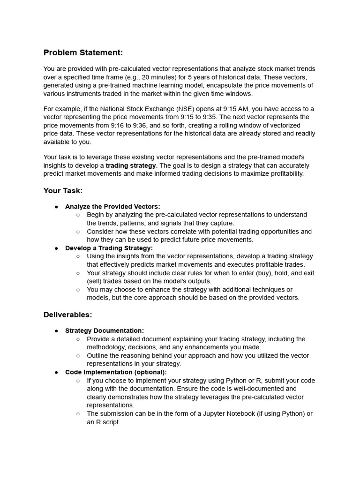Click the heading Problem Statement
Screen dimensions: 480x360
pyautogui.click(x=83, y=52)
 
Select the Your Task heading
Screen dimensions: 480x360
pyautogui.click(x=63, y=190)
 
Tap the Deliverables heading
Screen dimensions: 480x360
pyautogui.click(x=67, y=315)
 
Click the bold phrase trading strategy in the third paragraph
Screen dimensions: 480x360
pyautogui.click(x=130, y=165)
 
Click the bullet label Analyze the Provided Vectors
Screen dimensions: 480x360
pyautogui.click(x=112, y=207)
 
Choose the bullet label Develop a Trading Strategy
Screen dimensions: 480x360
pyautogui.click(x=109, y=248)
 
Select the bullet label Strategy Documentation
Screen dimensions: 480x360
pyautogui.click(x=105, y=331)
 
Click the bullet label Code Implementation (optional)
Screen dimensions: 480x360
pyautogui.click(x=116, y=372)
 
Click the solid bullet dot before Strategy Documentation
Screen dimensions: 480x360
pyautogui.click(x=56, y=331)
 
